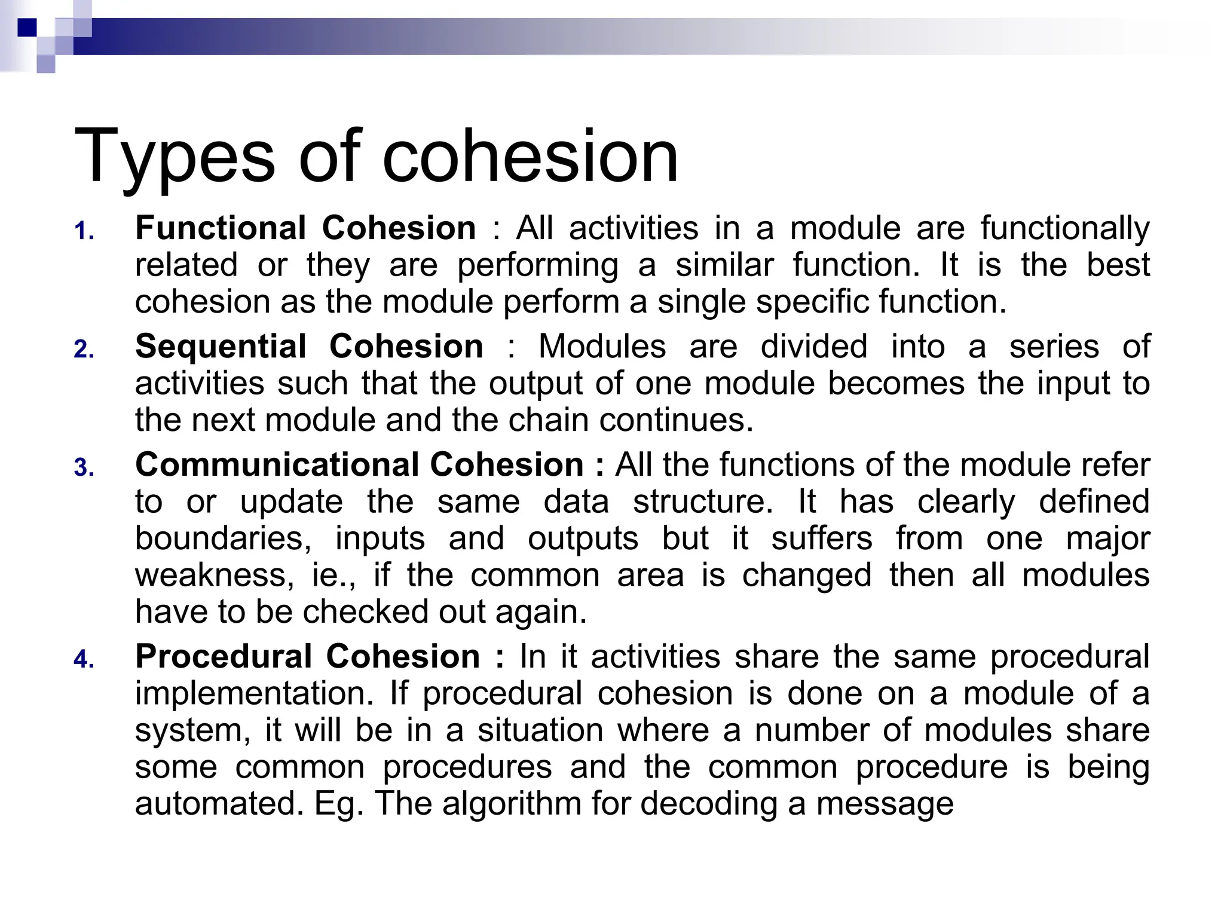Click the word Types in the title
point(175,157)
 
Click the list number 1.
point(84,231)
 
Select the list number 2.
point(84,350)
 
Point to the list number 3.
point(84,468)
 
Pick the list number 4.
point(84,660)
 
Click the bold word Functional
point(221,228)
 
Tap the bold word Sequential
point(221,347)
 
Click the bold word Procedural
point(223,657)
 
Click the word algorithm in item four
point(512,804)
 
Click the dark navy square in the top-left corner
point(27,27)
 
